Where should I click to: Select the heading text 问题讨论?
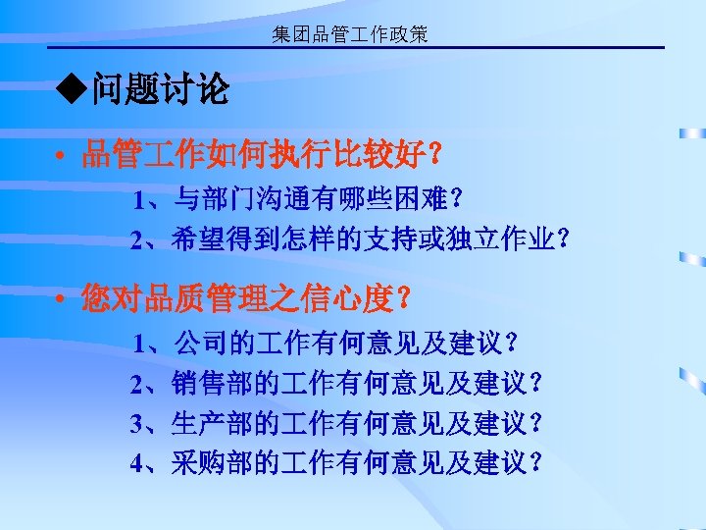coord(160,92)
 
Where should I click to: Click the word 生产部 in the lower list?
coord(212,423)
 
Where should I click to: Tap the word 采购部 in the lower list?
coord(212,462)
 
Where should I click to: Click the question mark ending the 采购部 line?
coord(534,462)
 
